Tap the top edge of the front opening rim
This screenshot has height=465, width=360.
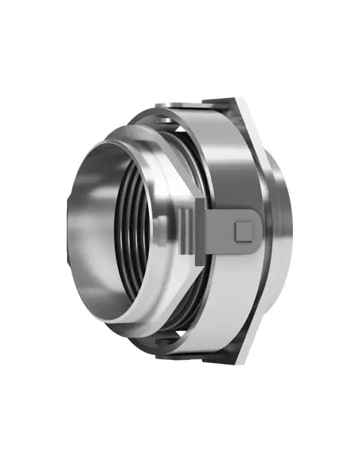(x=119, y=135)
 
